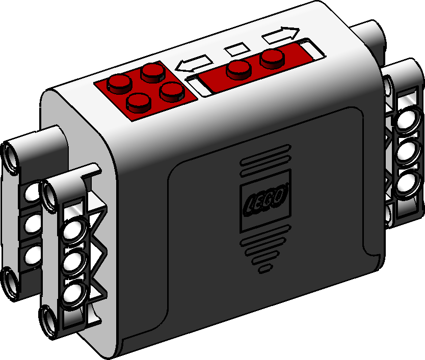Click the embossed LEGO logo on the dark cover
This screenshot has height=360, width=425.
click(x=265, y=201)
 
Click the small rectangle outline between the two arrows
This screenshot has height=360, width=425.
click(x=237, y=49)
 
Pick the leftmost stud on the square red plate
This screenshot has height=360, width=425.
click(x=120, y=84)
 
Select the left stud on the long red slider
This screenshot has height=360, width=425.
click(x=239, y=70)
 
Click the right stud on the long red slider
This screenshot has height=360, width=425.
click(x=273, y=58)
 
